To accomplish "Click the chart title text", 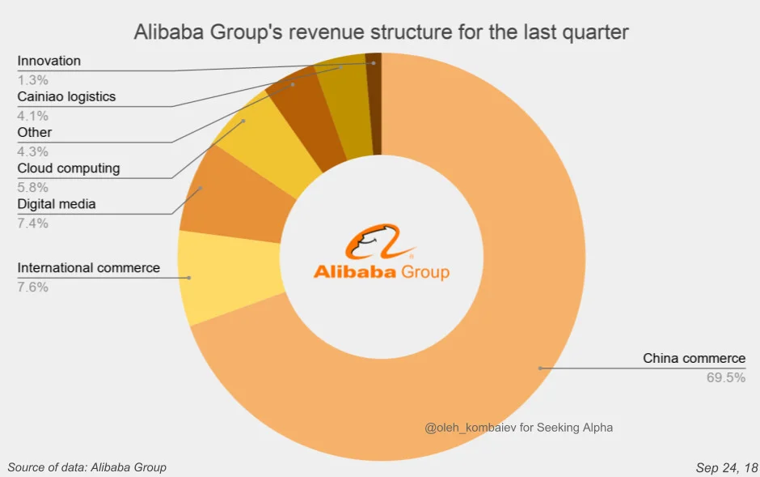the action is coord(381,32).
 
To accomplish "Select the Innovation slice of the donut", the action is coord(374,104).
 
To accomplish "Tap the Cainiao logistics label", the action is coord(66,96).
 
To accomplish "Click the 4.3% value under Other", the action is coord(32,151).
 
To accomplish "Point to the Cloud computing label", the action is coord(69,168).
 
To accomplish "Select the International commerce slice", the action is coord(230,277).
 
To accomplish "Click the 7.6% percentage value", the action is coord(32,287).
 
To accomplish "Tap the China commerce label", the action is coord(694,358).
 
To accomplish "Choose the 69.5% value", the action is coord(725,377).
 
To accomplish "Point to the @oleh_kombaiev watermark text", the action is coord(518,428).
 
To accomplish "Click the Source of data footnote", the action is coord(87,467).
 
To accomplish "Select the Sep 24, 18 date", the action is coord(727,467).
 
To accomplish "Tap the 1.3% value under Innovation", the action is coord(32,79).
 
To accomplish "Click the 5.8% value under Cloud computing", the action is coord(32,187).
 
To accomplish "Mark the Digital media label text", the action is coord(57,204).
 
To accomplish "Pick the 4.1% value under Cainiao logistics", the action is coord(32,116).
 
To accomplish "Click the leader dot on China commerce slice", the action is coord(540,368).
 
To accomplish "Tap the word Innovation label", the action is coord(49,61).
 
